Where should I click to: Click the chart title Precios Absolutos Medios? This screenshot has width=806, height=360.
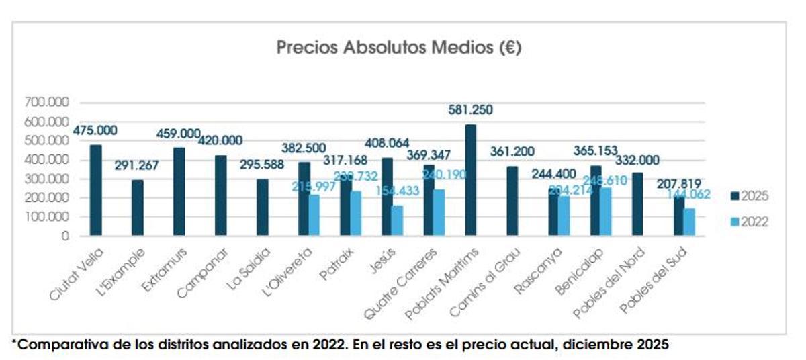pyautogui.click(x=399, y=48)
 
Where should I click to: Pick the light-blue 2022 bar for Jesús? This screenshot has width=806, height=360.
pyautogui.click(x=397, y=220)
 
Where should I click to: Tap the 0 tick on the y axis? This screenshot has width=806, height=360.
pyautogui.click(x=65, y=236)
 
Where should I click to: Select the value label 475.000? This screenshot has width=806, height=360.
pyautogui.click(x=95, y=129)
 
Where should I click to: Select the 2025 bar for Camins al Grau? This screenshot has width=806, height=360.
pyautogui.click(x=512, y=201)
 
